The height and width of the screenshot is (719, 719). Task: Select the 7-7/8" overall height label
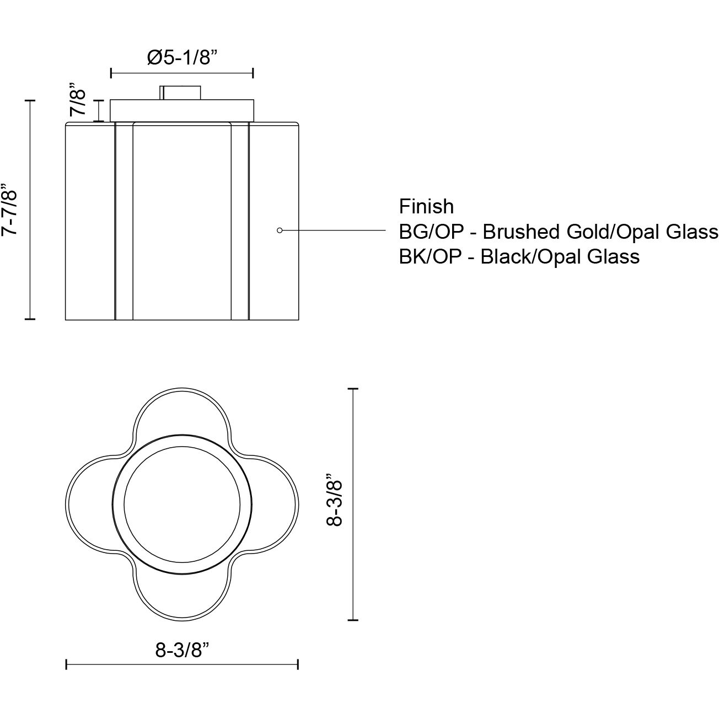[x=11, y=210]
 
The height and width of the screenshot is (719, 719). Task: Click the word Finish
[x=426, y=206]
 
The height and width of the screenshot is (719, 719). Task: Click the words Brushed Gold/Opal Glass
[x=600, y=232]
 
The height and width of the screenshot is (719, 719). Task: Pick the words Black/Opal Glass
[x=560, y=256]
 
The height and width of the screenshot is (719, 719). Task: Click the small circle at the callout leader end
[x=280, y=230]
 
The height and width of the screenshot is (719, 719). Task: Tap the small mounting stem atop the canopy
[x=181, y=93]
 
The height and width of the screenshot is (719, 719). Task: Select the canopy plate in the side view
[x=182, y=110]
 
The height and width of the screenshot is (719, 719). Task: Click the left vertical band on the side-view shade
[x=124, y=221]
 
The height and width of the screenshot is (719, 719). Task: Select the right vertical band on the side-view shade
[x=239, y=221]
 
